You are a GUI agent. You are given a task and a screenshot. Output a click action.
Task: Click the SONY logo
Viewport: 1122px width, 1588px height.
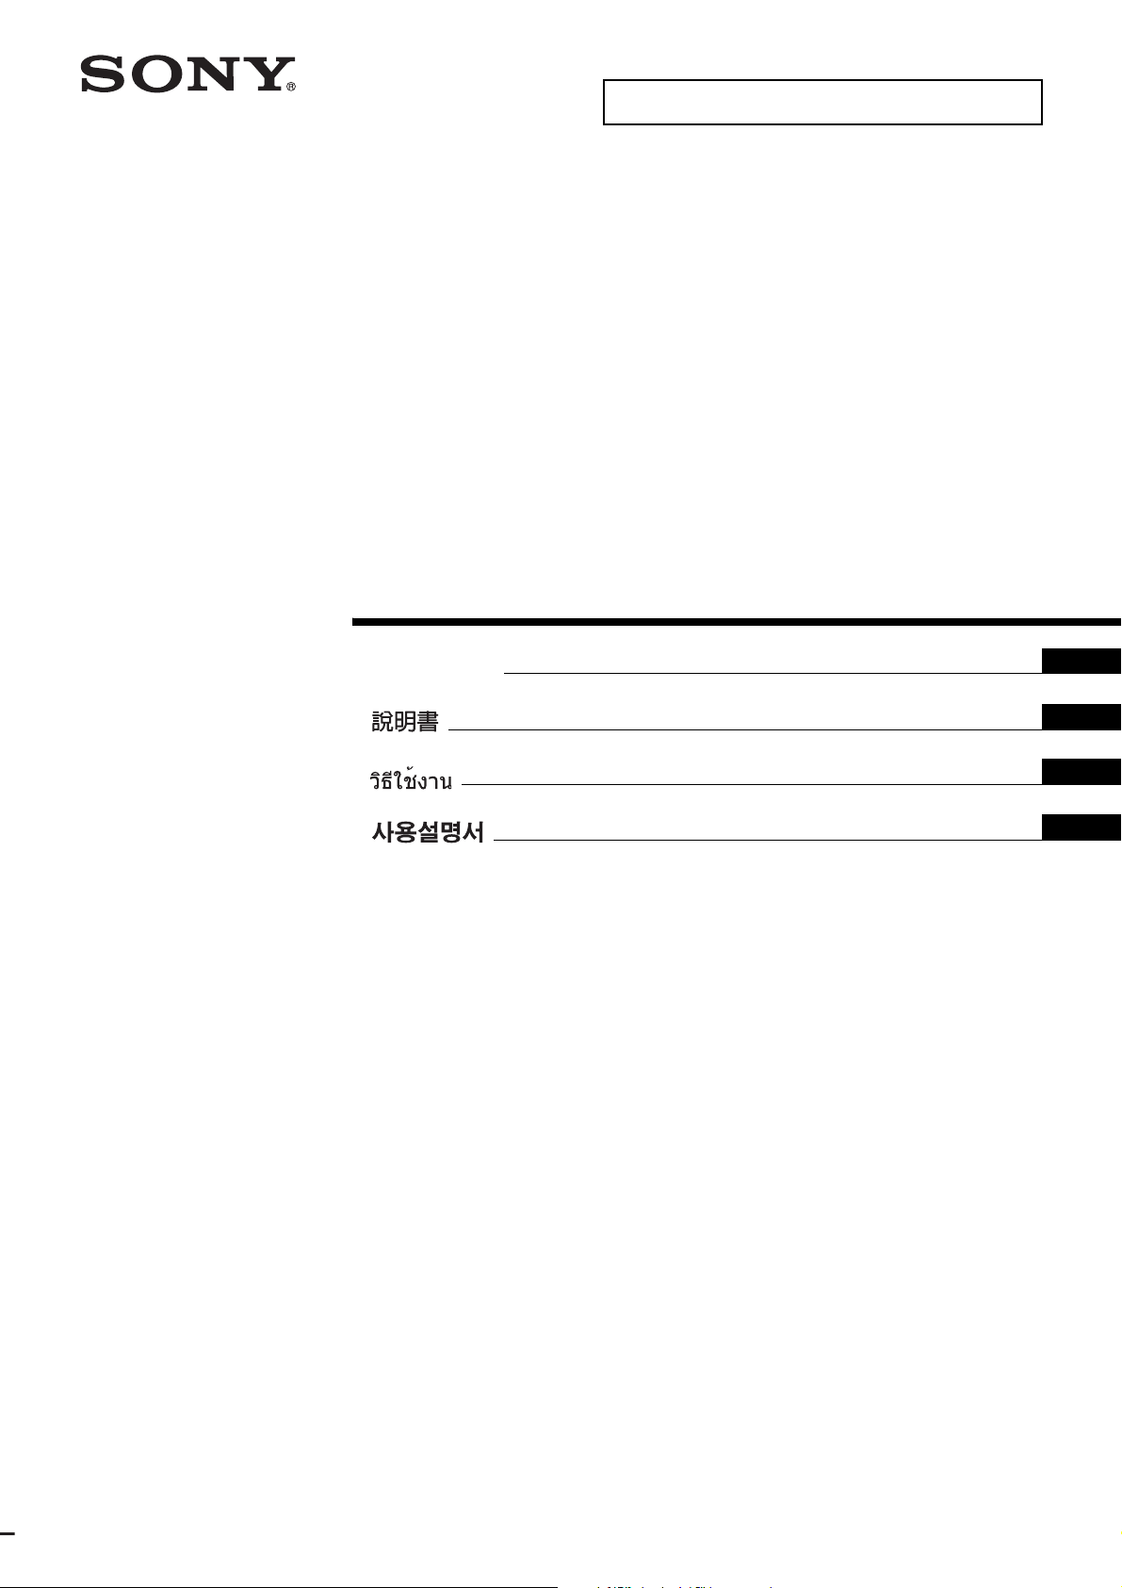coord(187,74)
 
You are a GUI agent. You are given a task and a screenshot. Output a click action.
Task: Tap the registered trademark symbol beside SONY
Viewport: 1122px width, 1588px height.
coord(291,88)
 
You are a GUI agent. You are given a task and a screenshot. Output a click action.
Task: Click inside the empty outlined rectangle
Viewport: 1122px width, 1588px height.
coord(822,102)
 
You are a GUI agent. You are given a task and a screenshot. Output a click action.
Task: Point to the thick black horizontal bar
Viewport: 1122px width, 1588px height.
coord(737,622)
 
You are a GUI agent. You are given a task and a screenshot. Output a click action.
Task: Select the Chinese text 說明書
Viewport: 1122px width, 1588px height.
coord(405,722)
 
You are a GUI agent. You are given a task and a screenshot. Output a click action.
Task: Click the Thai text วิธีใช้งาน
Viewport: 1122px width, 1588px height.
coord(411,778)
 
